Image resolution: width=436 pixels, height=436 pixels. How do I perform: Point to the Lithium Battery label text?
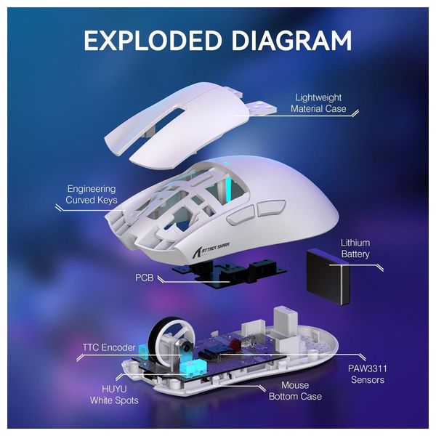click(355, 249)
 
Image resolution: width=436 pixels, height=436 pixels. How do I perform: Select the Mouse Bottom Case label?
click(288, 390)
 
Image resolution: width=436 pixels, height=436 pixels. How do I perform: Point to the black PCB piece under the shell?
click(218, 275)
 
